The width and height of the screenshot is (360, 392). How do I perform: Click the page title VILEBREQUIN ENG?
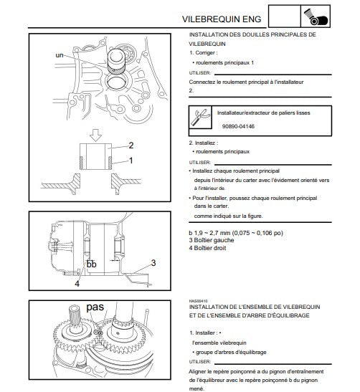[x=222, y=19]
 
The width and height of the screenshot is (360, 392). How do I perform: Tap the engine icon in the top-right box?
[x=316, y=16]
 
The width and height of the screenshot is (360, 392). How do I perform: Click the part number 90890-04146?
[x=238, y=126]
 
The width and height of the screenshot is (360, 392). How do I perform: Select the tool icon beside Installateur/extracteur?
[x=200, y=117]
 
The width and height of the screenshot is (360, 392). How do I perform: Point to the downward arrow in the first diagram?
[x=95, y=135]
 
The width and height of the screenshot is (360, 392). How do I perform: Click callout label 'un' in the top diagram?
[x=60, y=55]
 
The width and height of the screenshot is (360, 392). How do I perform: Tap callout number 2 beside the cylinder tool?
[x=131, y=145]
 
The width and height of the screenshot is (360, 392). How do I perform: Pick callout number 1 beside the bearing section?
[x=131, y=161]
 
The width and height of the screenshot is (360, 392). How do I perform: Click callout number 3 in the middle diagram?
[x=153, y=263]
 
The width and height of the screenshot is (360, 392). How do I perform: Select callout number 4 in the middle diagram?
[x=77, y=284]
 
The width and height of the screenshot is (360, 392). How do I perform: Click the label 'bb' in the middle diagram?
[x=91, y=264]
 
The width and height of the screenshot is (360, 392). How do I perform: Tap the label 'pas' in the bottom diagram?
[x=95, y=307]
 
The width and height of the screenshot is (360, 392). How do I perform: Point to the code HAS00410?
[x=199, y=301]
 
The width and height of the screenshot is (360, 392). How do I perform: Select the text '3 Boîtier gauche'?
[x=212, y=240]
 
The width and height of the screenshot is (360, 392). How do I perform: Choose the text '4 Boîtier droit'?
[x=207, y=248]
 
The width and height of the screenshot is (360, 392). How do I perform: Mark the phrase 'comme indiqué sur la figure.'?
[x=229, y=216]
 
